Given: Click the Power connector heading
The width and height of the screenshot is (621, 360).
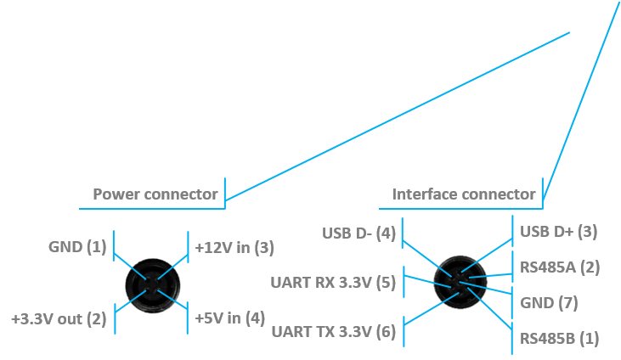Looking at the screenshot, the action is coord(155,194).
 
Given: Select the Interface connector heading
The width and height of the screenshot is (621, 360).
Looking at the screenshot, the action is coord(464,194).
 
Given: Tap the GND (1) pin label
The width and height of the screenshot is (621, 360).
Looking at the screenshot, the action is coord(77,247).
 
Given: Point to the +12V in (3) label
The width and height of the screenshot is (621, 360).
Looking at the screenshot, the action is coord(234,248).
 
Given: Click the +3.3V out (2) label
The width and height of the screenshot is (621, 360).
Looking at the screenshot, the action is coord(59,318).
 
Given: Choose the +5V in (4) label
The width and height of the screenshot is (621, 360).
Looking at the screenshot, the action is coord(229,318).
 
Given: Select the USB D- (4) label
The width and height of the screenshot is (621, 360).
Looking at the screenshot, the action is coord(358,233).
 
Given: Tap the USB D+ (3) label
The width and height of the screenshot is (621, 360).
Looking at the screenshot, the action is coord(558,232).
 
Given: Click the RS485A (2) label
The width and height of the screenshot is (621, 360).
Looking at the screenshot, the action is coord(560,267).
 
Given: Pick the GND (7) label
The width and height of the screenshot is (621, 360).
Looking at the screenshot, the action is coord(549,303).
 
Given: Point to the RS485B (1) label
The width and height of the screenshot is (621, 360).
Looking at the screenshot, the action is coord(559,339).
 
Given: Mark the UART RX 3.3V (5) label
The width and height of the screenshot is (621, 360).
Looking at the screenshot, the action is coord(333,283).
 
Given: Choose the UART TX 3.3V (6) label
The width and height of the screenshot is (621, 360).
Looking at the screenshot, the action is coord(334,331).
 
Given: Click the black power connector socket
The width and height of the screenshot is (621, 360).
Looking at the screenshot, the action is coord(152,285).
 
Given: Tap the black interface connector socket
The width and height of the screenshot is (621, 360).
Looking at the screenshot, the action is coord(460,282).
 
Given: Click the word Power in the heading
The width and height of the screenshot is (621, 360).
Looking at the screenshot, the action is coord(116,194).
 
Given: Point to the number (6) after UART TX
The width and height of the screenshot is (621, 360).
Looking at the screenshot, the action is coord(386,331).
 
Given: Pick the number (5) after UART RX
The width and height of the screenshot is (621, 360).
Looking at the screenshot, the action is coord(386,283).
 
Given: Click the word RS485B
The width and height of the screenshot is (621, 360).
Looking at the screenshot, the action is coord(547,339).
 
